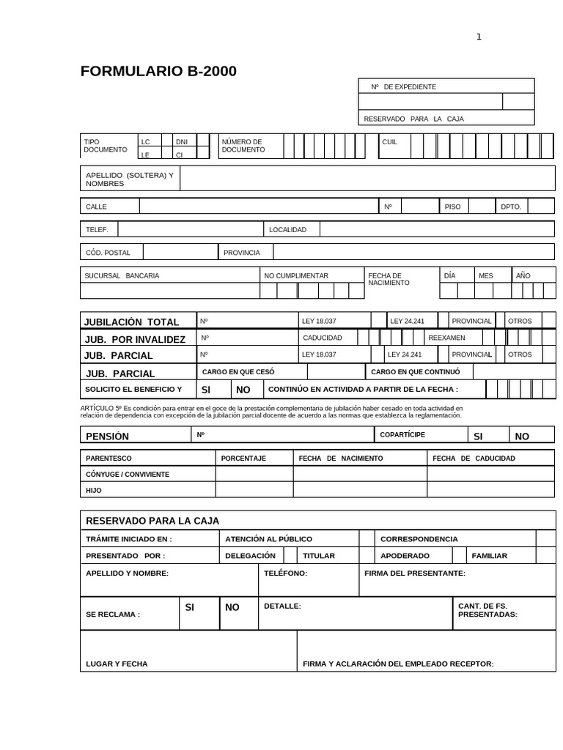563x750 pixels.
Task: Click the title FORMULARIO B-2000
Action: (x=158, y=71)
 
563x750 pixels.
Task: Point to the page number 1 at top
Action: (x=479, y=37)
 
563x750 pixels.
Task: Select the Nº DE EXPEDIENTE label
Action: (x=403, y=87)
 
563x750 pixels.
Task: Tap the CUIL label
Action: (x=389, y=142)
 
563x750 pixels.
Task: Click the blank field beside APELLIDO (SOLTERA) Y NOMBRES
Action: (x=367, y=178)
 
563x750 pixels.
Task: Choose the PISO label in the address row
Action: (x=452, y=207)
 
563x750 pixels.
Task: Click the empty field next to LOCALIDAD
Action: (x=437, y=229)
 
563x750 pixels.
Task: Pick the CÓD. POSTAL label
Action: (x=108, y=253)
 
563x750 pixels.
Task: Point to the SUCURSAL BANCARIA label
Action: (x=122, y=276)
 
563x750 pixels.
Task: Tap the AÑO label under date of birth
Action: (x=523, y=276)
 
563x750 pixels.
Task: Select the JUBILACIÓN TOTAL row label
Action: (x=131, y=322)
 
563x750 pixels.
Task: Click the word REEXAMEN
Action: (x=446, y=338)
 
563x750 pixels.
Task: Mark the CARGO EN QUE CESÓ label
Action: (x=238, y=372)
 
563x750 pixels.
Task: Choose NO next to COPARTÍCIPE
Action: (x=522, y=437)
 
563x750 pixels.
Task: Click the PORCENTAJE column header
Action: (x=243, y=458)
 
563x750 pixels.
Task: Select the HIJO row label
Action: (x=94, y=491)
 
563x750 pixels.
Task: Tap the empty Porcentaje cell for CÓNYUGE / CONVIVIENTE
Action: (x=254, y=474)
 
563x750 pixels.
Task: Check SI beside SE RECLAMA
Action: (x=189, y=608)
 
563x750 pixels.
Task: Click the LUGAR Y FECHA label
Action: (x=117, y=664)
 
